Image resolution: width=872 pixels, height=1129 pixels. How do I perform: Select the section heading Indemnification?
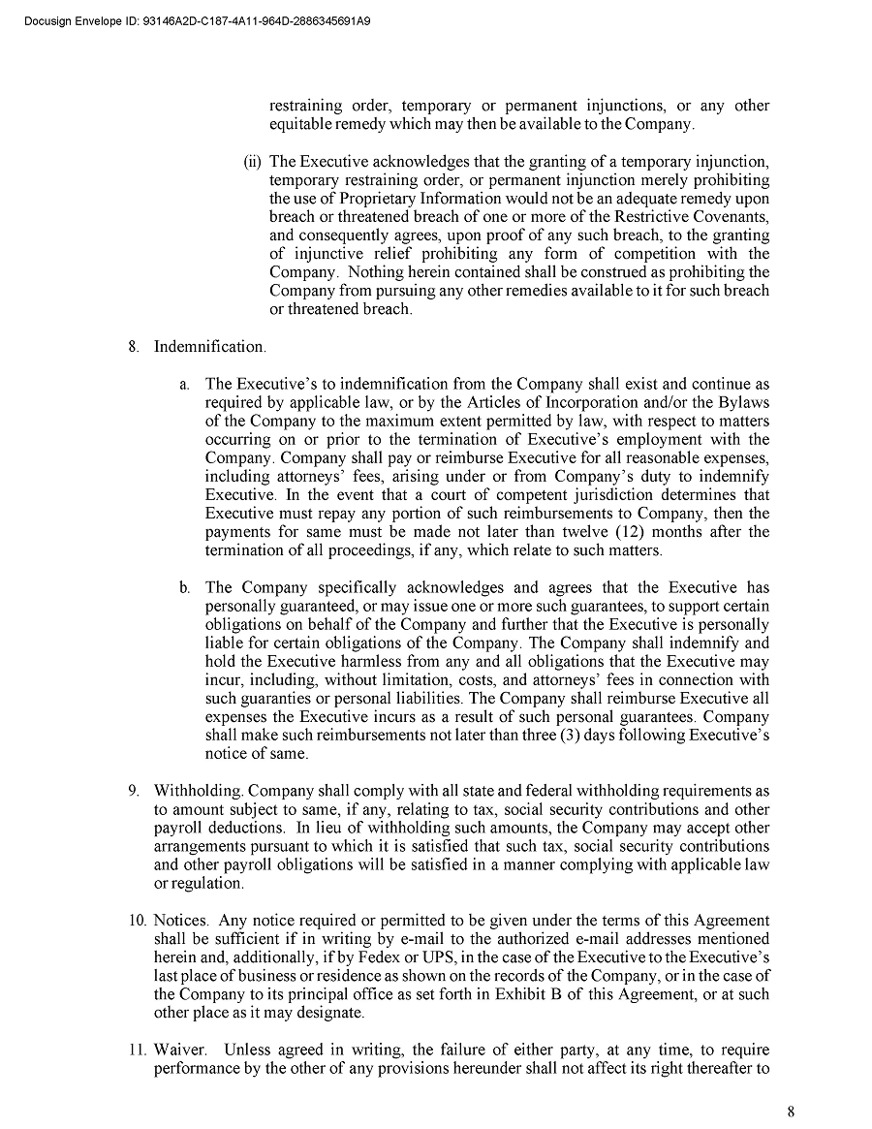point(208,347)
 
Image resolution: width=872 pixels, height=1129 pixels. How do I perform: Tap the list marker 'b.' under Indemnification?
point(183,588)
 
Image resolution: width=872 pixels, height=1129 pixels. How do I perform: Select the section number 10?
point(137,921)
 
